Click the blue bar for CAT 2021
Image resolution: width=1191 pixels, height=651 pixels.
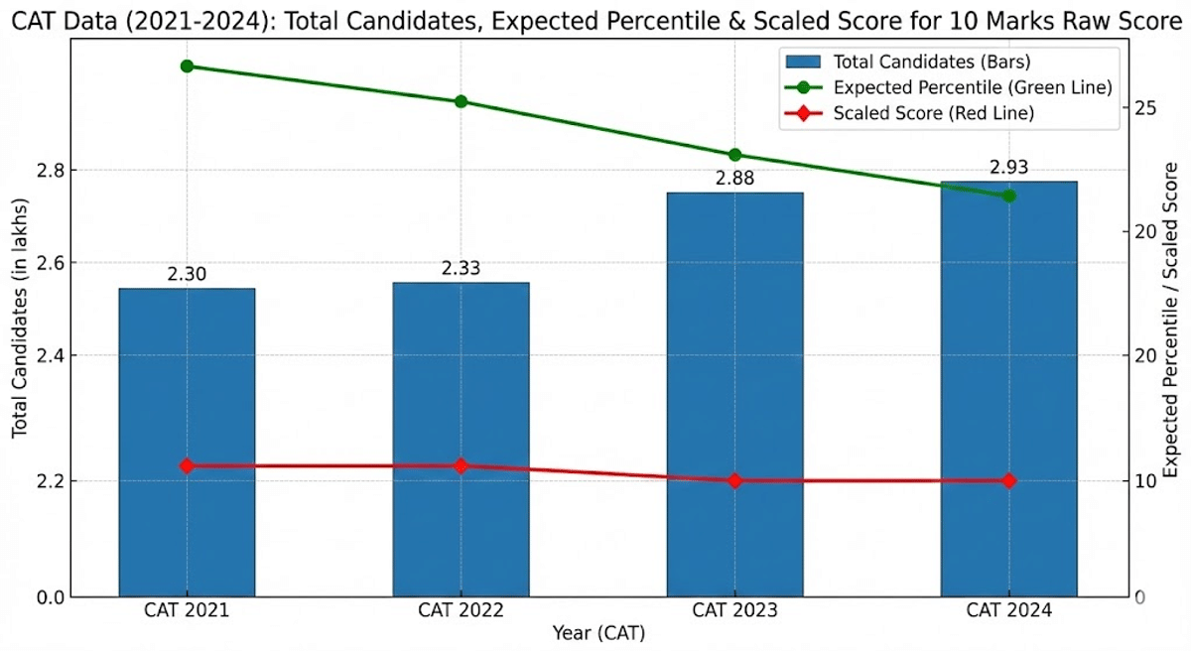(x=187, y=442)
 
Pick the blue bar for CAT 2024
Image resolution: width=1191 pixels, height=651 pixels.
(x=1008, y=388)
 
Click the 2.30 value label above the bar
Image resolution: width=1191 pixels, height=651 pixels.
(x=187, y=275)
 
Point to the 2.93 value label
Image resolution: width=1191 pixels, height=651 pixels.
(x=1008, y=167)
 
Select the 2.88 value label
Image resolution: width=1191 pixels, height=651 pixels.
(x=734, y=179)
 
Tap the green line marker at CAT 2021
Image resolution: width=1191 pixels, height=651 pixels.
(x=187, y=66)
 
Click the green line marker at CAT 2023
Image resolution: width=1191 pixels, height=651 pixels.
(x=734, y=155)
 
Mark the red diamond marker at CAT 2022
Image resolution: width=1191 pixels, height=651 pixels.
(x=461, y=465)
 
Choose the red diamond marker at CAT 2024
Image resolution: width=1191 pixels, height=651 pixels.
(x=1008, y=480)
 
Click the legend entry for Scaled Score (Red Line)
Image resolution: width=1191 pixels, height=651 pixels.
(x=933, y=113)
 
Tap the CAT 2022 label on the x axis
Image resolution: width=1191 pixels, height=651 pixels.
(x=461, y=610)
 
